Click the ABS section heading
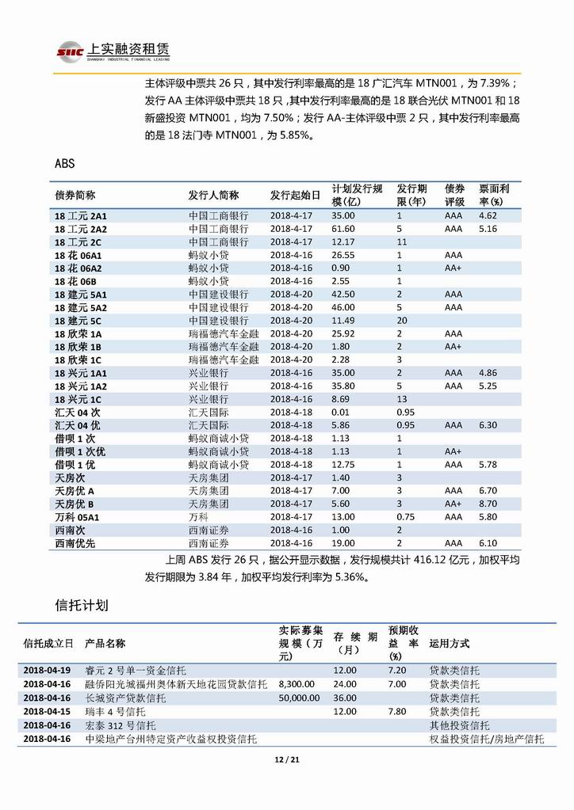65,163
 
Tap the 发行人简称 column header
213,196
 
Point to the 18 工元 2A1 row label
80,215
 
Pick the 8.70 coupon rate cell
488,504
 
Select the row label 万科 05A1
78,517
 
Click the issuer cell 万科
198,517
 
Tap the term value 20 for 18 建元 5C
402,321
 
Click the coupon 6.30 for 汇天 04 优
488,425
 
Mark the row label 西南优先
75,543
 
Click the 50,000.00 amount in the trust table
299,698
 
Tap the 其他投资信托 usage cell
459,725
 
